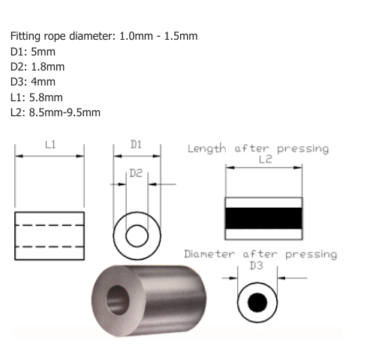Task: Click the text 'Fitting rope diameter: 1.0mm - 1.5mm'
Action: [104, 37]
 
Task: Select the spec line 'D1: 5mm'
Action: [33, 52]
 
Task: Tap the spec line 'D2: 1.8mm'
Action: [38, 67]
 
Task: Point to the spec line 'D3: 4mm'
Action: [33, 82]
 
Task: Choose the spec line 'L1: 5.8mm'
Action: [37, 97]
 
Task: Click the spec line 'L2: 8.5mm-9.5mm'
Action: [56, 112]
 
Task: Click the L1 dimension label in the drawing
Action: [50, 144]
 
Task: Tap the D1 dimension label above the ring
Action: [137, 144]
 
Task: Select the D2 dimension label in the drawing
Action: [137, 172]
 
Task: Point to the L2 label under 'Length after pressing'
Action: [264, 160]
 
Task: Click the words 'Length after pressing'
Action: [257, 148]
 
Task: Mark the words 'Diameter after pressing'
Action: [260, 253]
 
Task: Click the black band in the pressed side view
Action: [264, 217]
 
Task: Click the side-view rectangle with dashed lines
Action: [50, 235]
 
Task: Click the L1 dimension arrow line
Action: [50, 156]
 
